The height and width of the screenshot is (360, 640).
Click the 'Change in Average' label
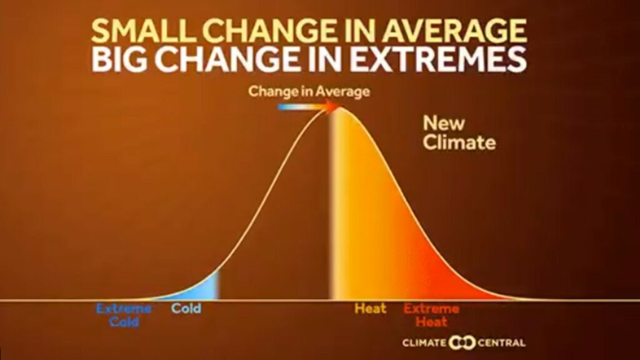(x=309, y=91)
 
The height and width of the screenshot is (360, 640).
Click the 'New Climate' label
(x=459, y=132)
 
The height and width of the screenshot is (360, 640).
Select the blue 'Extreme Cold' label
(x=124, y=315)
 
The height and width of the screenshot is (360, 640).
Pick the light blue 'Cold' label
(x=186, y=308)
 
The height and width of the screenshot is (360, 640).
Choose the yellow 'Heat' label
(x=370, y=308)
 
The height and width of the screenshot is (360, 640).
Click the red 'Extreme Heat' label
(x=431, y=315)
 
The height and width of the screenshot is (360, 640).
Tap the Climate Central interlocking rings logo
(x=462, y=342)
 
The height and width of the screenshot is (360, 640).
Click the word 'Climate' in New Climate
(x=459, y=142)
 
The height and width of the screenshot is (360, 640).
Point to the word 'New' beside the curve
(x=444, y=123)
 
